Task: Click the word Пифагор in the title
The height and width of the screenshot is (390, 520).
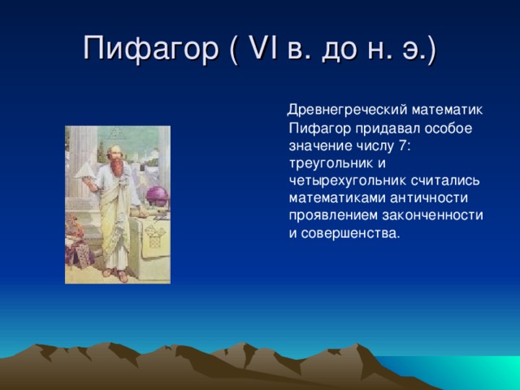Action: (x=150, y=49)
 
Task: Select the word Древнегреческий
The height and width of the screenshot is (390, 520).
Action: (x=347, y=110)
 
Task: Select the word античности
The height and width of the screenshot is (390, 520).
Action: (x=429, y=198)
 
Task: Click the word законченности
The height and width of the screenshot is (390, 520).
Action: (x=432, y=215)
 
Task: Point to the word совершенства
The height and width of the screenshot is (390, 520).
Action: (x=349, y=233)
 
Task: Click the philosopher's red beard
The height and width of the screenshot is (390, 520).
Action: (x=117, y=166)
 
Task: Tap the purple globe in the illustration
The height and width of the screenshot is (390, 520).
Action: (x=157, y=196)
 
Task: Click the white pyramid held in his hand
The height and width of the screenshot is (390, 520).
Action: (x=84, y=171)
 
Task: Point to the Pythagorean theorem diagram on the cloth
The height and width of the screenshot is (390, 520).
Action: (x=154, y=236)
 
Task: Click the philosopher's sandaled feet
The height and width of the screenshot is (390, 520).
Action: (x=115, y=275)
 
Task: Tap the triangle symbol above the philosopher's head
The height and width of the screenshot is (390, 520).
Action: (x=115, y=132)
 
